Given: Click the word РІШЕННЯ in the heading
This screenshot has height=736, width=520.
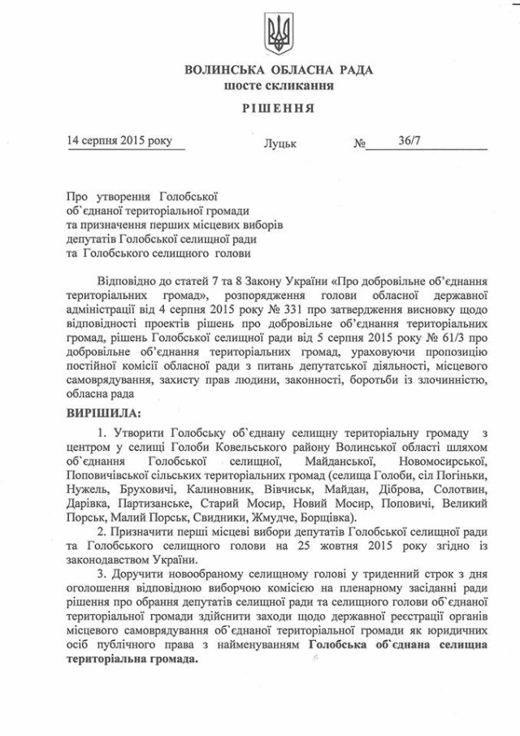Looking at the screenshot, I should [x=279, y=107].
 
